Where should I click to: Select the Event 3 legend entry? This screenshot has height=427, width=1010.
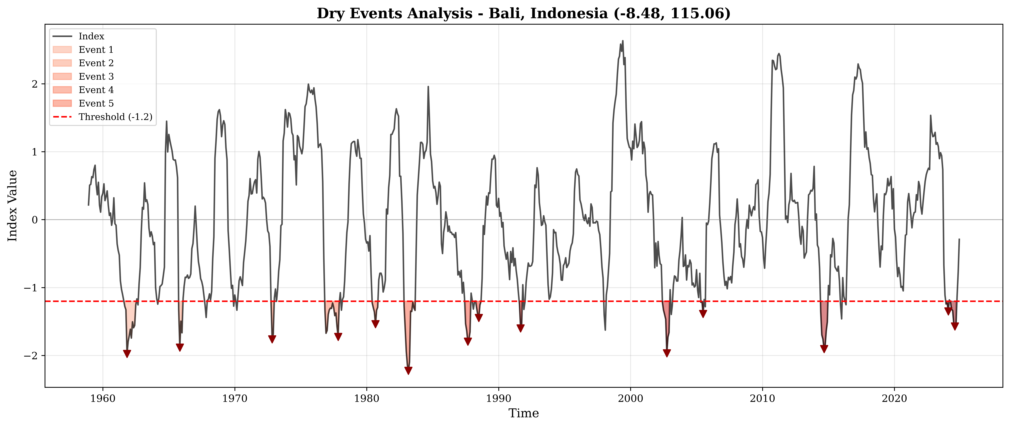[x=96, y=77]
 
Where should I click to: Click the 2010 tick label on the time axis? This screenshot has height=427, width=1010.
[x=763, y=399]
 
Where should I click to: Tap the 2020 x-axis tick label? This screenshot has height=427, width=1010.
[x=894, y=399]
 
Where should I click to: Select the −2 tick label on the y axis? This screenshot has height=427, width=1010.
[x=32, y=356]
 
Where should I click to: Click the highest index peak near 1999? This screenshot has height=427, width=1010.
[x=623, y=41]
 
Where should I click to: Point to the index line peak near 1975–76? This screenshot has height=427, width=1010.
[x=308, y=84]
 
